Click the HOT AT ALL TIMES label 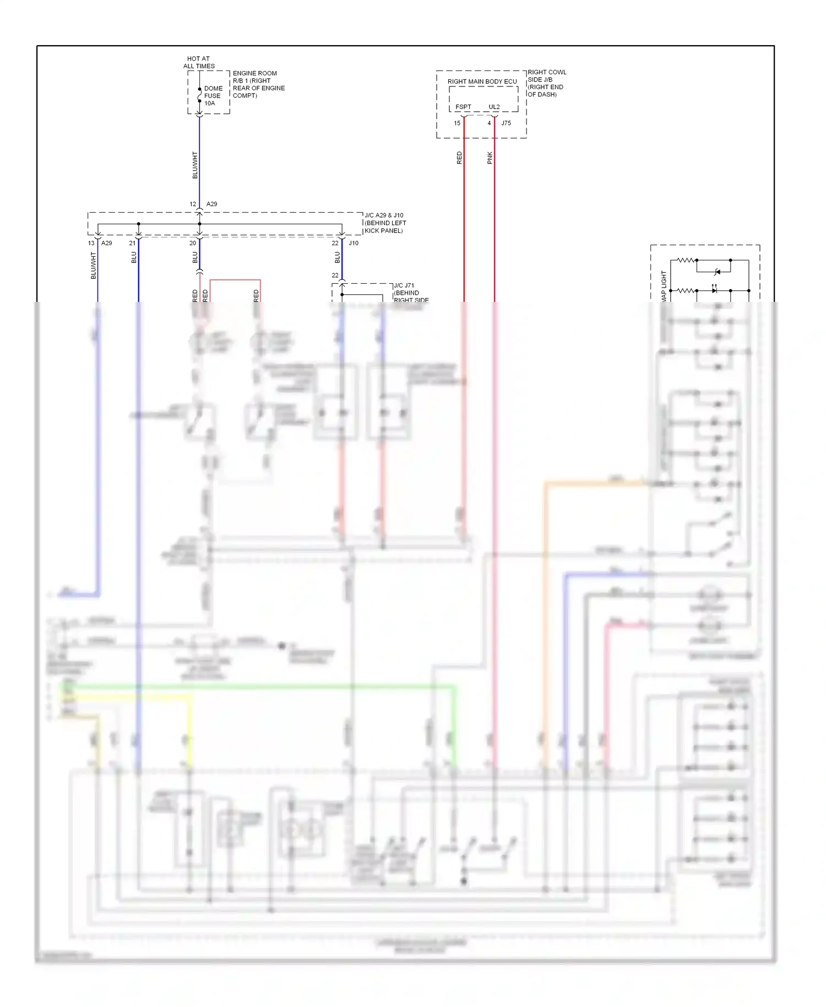pos(199,62)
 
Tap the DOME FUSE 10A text pos(213,96)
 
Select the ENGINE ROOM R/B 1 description pos(258,84)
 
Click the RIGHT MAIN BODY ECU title pos(482,82)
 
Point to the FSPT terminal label pos(463,107)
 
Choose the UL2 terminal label pos(494,107)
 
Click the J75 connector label pos(506,123)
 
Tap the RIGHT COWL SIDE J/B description pos(546,83)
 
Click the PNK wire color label pos(490,158)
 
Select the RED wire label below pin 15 pos(459,158)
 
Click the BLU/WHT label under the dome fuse pos(194,165)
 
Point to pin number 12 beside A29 pos(193,204)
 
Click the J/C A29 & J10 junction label pos(385,223)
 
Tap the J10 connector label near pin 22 pos(354,243)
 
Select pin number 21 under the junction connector pos(132,243)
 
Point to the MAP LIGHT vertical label pos(664,285)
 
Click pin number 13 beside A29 pos(91,243)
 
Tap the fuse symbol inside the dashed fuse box pos(199,96)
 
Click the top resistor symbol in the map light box pos(686,260)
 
